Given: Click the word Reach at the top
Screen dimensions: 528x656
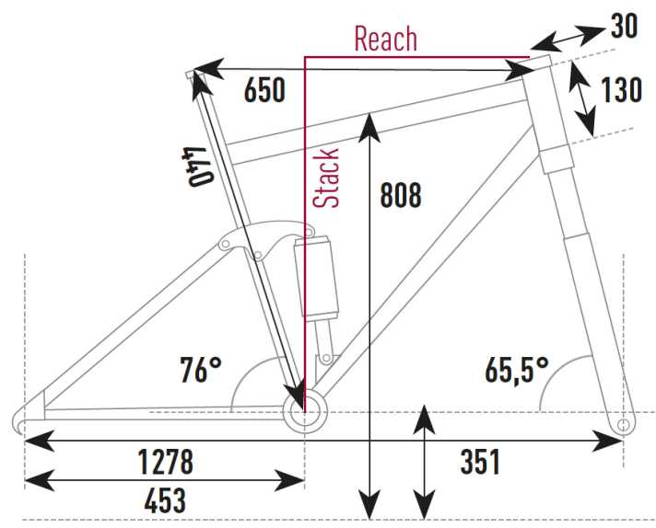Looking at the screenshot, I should coord(385,40).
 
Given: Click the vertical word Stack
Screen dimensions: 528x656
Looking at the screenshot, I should coord(327,178).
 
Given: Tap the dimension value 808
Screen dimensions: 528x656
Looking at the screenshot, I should coord(400,195).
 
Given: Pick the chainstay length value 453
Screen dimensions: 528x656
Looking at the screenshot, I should coord(165,501).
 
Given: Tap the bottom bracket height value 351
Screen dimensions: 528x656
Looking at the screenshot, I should coord(479,462).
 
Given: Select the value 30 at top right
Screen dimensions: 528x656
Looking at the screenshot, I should coord(624,27).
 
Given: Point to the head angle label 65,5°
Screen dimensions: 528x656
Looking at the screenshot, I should coord(517,370).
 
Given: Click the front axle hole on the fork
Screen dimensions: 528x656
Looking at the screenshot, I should coord(624,426).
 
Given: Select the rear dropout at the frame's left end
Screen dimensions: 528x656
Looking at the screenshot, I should coord(27,419).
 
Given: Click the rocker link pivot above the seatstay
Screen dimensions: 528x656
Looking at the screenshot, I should coord(224,244).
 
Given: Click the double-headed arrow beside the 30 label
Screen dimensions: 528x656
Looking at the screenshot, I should coord(568,38).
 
